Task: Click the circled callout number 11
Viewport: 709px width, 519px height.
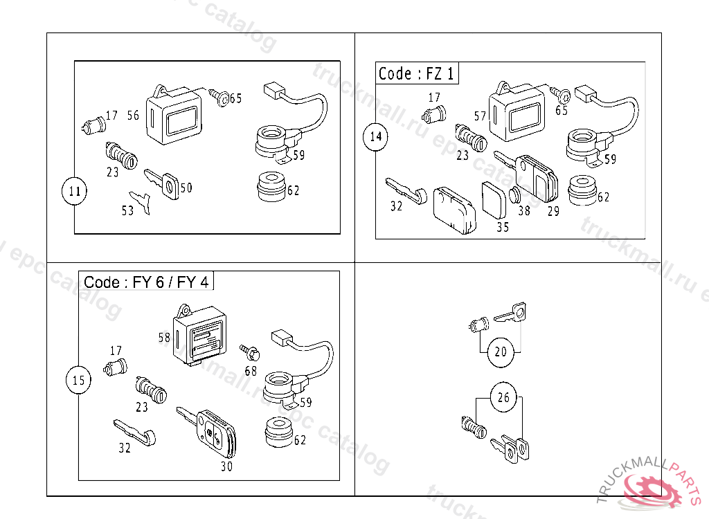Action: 74,192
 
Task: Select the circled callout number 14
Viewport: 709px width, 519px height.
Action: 375,136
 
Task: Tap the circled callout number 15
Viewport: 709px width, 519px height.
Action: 79,380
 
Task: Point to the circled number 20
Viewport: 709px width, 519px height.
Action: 501,352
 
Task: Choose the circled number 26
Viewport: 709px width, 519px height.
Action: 503,397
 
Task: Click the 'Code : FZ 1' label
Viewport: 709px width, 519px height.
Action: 417,73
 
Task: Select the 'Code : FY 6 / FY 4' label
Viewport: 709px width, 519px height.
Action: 146,282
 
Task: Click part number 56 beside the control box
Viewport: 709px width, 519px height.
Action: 133,116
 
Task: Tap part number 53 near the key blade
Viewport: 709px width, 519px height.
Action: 127,211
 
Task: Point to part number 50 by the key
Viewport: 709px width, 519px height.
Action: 186,188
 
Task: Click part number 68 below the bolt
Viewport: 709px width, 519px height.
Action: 251,371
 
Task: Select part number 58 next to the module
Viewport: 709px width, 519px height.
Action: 164,338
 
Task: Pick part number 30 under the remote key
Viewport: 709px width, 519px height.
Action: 226,466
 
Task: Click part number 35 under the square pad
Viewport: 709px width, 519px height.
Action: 502,227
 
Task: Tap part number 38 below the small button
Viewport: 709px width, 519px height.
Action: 524,211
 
